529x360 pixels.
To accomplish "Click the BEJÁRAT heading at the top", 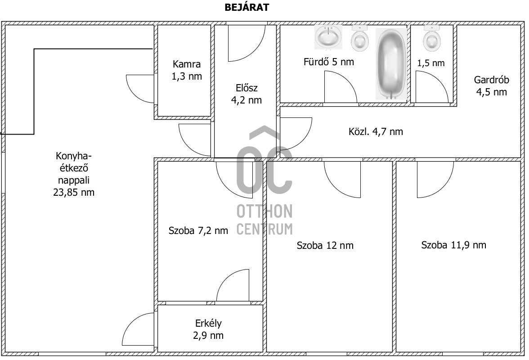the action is click(x=247, y=7).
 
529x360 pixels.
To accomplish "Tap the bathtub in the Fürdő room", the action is click(x=391, y=64).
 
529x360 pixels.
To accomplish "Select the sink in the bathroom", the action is click(x=328, y=37).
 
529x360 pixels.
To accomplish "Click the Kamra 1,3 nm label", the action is click(x=187, y=70).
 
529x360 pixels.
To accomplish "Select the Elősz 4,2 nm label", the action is click(x=247, y=94).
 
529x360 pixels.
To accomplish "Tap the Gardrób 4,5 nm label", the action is click(x=492, y=85).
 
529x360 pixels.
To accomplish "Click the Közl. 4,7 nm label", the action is click(x=376, y=131).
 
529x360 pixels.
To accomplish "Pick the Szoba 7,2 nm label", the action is click(x=198, y=231).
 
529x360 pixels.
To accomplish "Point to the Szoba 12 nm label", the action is click(x=325, y=245).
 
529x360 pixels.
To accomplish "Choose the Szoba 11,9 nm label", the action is click(x=454, y=245).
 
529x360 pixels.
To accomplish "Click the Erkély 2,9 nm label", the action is click(x=208, y=329).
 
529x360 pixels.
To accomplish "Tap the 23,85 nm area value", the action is click(x=74, y=192).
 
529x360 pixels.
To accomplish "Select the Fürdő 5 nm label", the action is click(x=329, y=62).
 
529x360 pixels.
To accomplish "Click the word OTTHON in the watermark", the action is click(x=264, y=211).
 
